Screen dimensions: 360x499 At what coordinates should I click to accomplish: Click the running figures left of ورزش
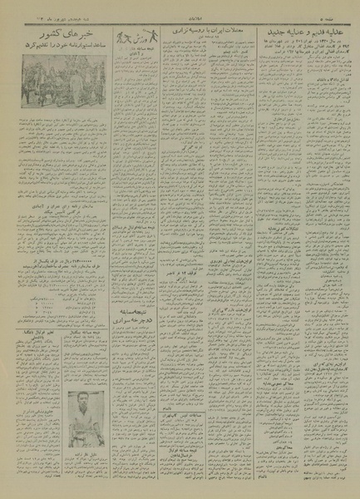point(125,34)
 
